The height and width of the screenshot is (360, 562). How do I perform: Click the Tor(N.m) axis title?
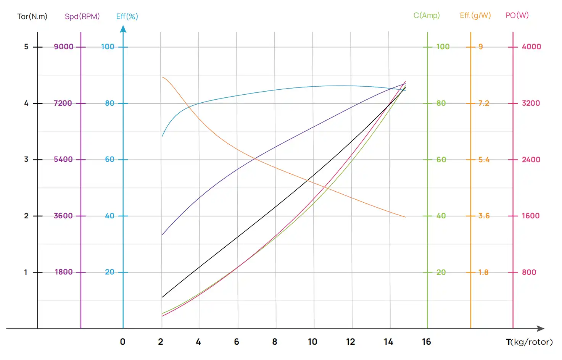point(32,16)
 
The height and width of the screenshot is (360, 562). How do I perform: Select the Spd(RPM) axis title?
point(82,16)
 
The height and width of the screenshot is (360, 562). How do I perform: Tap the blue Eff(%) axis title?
point(127,16)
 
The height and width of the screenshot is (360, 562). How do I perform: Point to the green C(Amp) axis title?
point(427,15)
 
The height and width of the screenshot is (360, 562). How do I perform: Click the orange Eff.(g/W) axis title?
point(475,15)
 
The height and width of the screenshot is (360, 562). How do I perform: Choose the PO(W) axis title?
point(517,15)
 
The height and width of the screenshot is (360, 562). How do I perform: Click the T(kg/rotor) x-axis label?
point(529,342)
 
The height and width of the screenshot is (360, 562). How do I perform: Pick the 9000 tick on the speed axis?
point(63,47)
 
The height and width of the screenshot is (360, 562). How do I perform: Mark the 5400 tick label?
point(63,159)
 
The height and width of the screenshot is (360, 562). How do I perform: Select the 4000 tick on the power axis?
point(531,47)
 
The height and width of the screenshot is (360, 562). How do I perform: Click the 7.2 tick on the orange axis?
point(484,103)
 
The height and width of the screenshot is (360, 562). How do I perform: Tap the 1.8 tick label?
point(483,272)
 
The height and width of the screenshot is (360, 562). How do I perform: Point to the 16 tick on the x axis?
point(426,342)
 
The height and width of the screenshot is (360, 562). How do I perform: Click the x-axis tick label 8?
point(275,342)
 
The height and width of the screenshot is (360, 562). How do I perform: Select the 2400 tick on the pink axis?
point(531,160)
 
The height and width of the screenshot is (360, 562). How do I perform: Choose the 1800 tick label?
point(64,272)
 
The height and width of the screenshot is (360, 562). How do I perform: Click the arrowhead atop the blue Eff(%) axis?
point(123,29)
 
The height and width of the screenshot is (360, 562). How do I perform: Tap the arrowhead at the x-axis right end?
point(541,328)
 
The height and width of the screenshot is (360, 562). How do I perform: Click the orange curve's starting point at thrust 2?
point(162,77)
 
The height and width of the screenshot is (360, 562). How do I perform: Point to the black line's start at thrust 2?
point(162,297)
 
